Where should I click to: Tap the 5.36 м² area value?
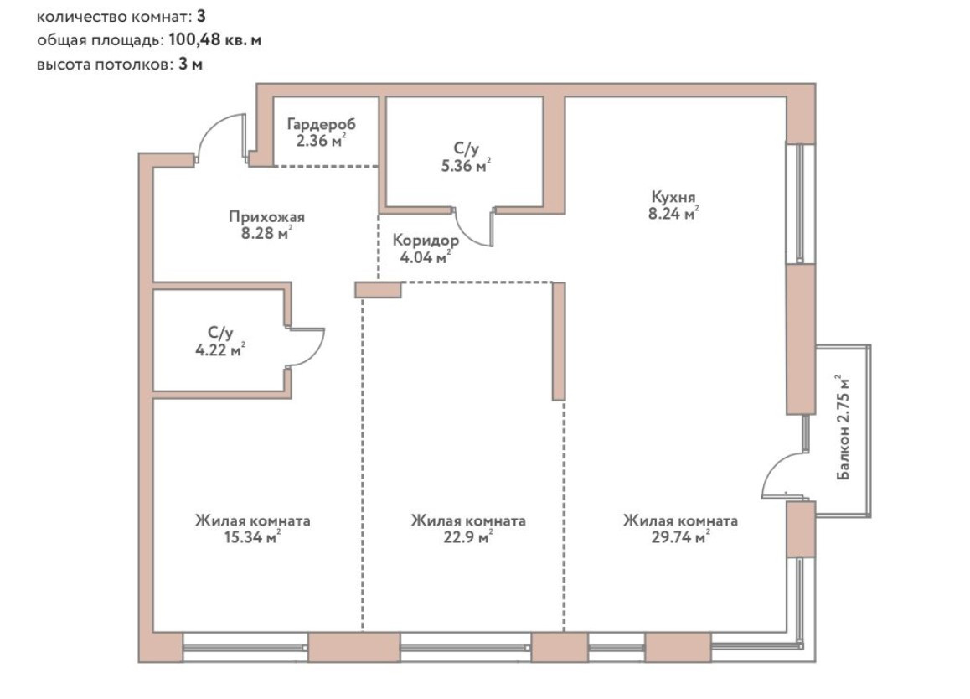[x=467, y=166]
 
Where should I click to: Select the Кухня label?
[x=673, y=197]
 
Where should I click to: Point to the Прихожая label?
[x=266, y=217]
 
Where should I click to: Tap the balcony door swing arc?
[x=777, y=474]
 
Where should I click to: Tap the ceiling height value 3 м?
[x=191, y=65]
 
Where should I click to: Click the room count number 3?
[x=201, y=14]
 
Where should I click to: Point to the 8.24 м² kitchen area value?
[x=674, y=214]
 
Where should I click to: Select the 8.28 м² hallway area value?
[x=267, y=233]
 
